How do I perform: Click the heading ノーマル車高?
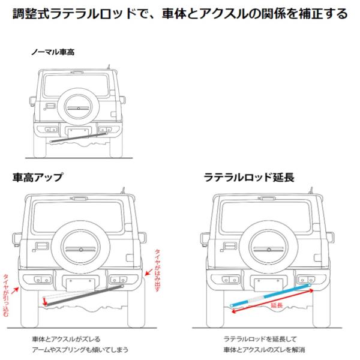click(x=53, y=52)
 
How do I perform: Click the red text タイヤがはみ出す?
click(x=157, y=269)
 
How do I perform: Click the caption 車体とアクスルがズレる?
click(x=67, y=338)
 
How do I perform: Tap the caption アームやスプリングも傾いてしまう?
click(x=81, y=349)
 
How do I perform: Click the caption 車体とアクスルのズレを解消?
click(x=265, y=349)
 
